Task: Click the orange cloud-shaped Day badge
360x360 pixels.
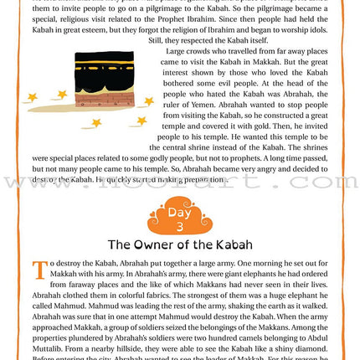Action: [179, 215]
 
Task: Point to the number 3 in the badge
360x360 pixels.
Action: [179, 222]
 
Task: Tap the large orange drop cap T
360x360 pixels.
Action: [39, 270]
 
